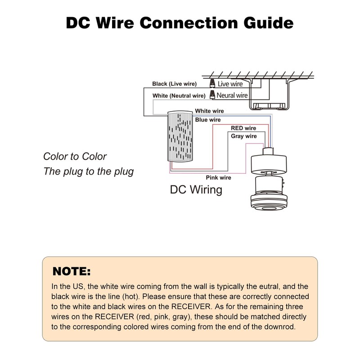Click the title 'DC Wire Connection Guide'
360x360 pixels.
(180, 23)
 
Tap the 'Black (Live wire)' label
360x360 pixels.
(175, 84)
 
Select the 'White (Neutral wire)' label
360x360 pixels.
(179, 96)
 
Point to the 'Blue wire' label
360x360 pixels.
(208, 120)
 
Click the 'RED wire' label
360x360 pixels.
(243, 128)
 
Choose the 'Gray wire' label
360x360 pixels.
(243, 136)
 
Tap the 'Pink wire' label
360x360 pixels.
(218, 177)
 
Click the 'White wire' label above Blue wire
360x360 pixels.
(209, 111)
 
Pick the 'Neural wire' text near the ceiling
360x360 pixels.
(232, 95)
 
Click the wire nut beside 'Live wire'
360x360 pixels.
(212, 83)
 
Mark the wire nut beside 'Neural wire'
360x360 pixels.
(212, 95)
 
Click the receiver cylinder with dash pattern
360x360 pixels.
(180, 136)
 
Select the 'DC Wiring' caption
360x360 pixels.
(196, 190)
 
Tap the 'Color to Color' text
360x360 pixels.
(75, 156)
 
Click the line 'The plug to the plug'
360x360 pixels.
(88, 171)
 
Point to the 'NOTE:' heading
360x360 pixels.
(72, 271)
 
